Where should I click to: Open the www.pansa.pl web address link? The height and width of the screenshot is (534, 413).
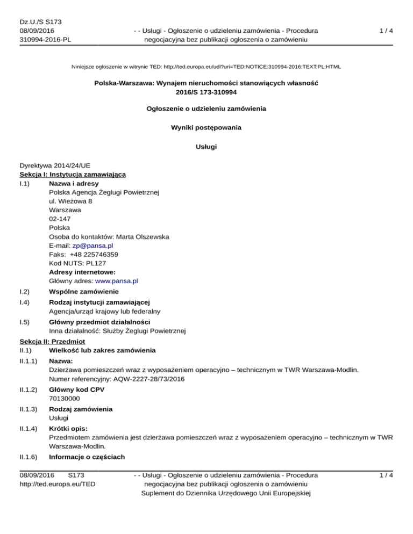[x=117, y=280]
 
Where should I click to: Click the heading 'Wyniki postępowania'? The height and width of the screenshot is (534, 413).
[x=206, y=128]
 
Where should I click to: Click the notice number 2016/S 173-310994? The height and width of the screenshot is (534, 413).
[x=206, y=92]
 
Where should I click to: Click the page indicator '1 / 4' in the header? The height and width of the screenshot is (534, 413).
[x=384, y=31]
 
